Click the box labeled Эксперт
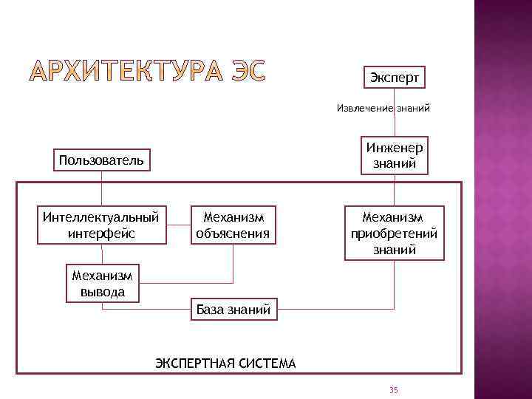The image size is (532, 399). click(x=394, y=77)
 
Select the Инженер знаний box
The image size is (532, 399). click(x=394, y=156)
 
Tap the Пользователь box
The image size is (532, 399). click(x=101, y=160)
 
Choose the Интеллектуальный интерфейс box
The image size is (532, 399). click(x=101, y=225)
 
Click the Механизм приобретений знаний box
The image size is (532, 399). click(x=394, y=233)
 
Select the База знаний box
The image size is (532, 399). click(x=233, y=310)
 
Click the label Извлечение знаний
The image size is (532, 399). click(x=383, y=108)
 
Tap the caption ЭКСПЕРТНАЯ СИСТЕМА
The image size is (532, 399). click(x=225, y=363)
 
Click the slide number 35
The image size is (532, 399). click(x=393, y=389)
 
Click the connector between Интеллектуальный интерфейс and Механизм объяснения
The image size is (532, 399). click(x=179, y=225)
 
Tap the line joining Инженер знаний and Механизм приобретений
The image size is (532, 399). click(x=395, y=190)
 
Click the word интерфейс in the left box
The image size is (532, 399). click(x=101, y=233)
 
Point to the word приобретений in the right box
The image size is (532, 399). click(x=394, y=233)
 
